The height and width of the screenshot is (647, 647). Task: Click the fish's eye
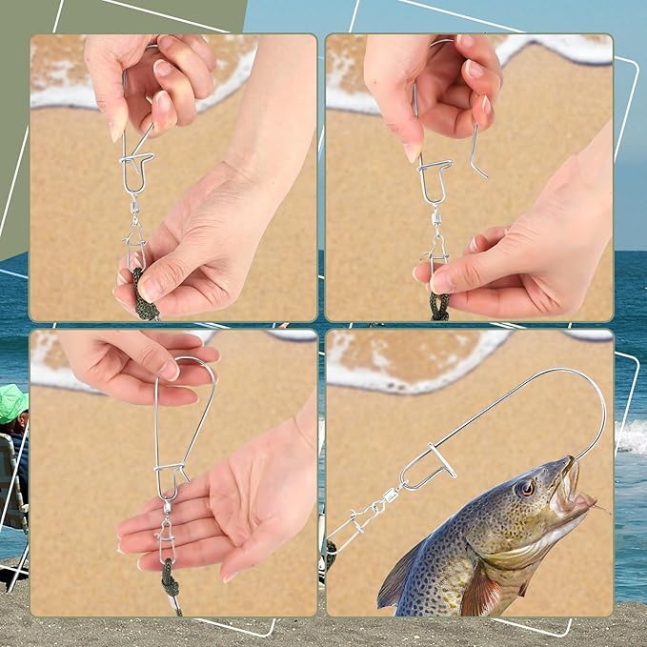(x=525, y=487)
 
